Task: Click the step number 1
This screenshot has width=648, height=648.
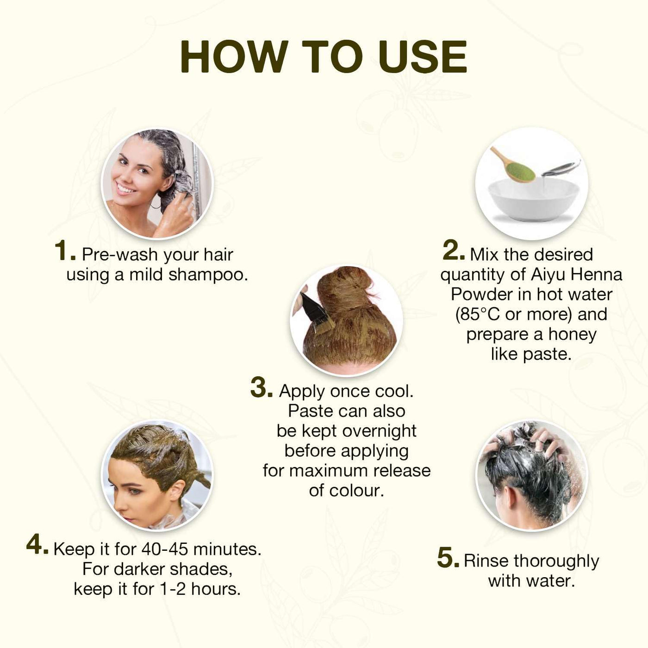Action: (x=65, y=250)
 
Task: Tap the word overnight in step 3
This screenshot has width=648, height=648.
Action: (x=374, y=431)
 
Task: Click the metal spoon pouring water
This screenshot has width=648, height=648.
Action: (x=560, y=168)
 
